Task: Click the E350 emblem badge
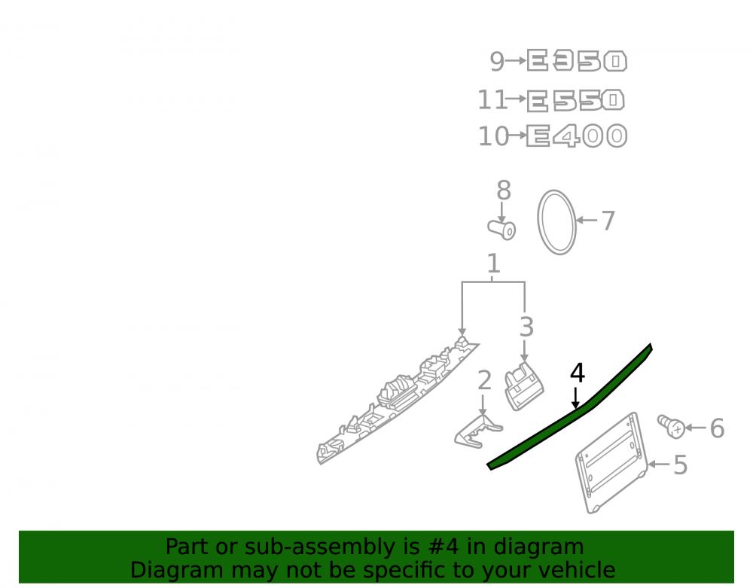click(577, 61)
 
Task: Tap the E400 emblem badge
click(577, 136)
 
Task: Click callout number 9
click(496, 62)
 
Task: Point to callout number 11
click(492, 100)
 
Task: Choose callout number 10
click(493, 136)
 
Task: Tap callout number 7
click(608, 221)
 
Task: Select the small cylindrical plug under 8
click(501, 229)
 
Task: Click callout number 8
click(503, 190)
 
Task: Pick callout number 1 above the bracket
click(494, 264)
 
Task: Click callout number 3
click(526, 327)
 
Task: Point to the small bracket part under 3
click(523, 386)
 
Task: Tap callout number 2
click(484, 380)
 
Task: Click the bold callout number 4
click(578, 373)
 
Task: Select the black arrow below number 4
click(575, 398)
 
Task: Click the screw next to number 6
click(672, 426)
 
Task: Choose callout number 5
click(681, 465)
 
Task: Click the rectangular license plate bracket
click(611, 463)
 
